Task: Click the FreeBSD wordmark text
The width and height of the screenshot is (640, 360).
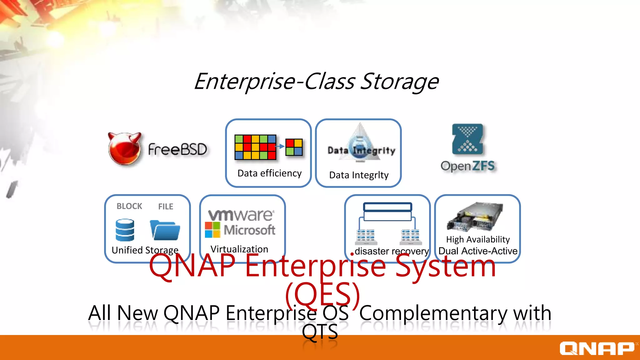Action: (177, 149)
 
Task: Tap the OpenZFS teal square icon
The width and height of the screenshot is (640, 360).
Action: (467, 139)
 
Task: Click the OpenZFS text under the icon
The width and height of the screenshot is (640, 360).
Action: (467, 166)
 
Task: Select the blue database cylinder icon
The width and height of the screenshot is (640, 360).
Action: (125, 230)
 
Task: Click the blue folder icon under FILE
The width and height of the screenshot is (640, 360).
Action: (165, 230)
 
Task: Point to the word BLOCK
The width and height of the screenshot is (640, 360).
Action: (129, 206)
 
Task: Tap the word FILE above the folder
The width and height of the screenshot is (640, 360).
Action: (166, 207)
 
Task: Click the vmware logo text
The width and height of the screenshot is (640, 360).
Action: (241, 215)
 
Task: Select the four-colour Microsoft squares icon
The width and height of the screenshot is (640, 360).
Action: (212, 230)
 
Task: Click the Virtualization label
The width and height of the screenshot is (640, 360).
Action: (239, 249)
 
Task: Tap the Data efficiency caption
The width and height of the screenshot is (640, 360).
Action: (269, 173)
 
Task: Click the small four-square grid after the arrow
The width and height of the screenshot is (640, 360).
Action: (294, 147)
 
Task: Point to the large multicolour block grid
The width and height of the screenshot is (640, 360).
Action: (255, 147)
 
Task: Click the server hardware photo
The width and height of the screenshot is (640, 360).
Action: (475, 216)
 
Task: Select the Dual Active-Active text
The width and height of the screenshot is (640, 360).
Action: (478, 251)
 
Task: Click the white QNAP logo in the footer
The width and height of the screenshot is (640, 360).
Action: (597, 348)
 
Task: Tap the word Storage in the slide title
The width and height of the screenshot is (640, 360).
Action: (400, 82)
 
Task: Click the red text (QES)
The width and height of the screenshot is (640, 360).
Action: (323, 294)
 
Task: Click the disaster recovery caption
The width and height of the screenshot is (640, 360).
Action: (392, 251)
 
